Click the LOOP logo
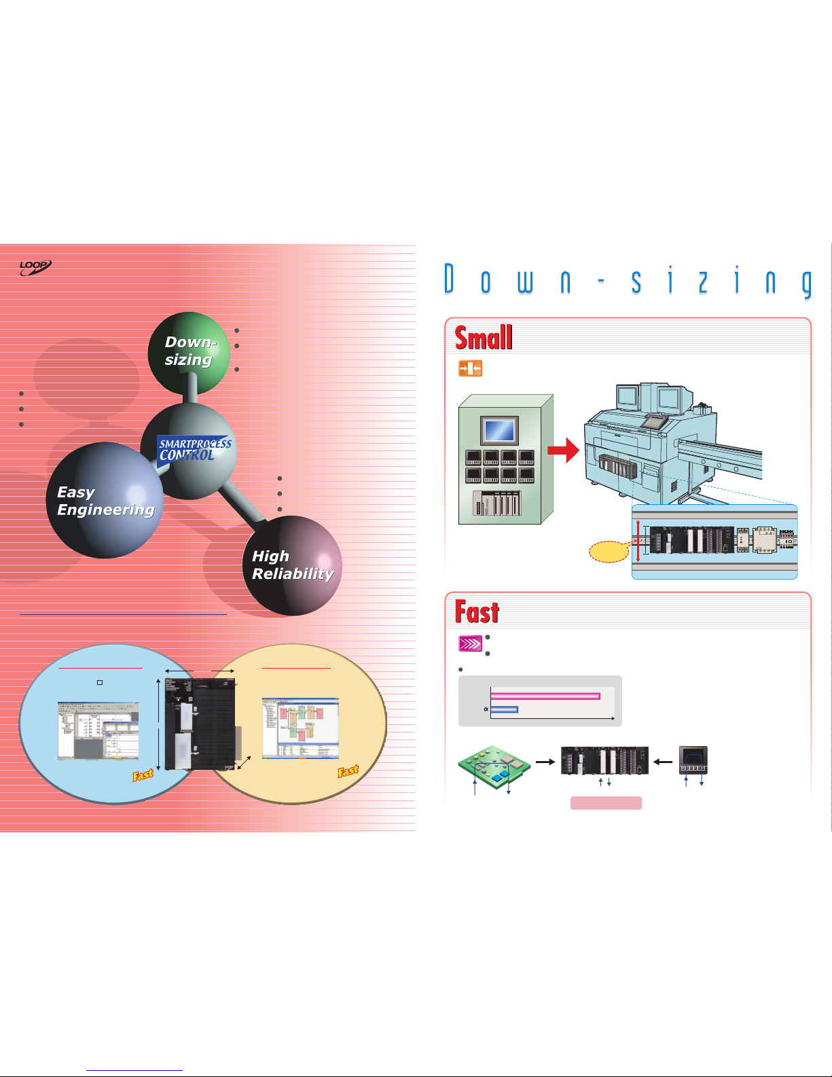click(x=35, y=268)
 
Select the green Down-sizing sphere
click(x=189, y=353)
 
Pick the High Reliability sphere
click(x=292, y=565)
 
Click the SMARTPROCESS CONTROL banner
click(x=194, y=450)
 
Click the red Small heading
click(x=483, y=338)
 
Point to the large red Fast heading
click(x=477, y=612)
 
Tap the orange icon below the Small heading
click(x=470, y=369)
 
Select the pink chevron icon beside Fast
click(x=471, y=643)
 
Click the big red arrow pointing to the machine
click(x=563, y=451)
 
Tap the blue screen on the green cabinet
click(x=499, y=431)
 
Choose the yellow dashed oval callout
click(x=609, y=551)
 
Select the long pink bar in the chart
click(x=545, y=696)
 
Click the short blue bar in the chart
click(x=504, y=709)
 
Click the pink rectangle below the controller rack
click(x=606, y=803)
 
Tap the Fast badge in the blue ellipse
click(x=143, y=774)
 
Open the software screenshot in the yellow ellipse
click(x=300, y=728)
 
